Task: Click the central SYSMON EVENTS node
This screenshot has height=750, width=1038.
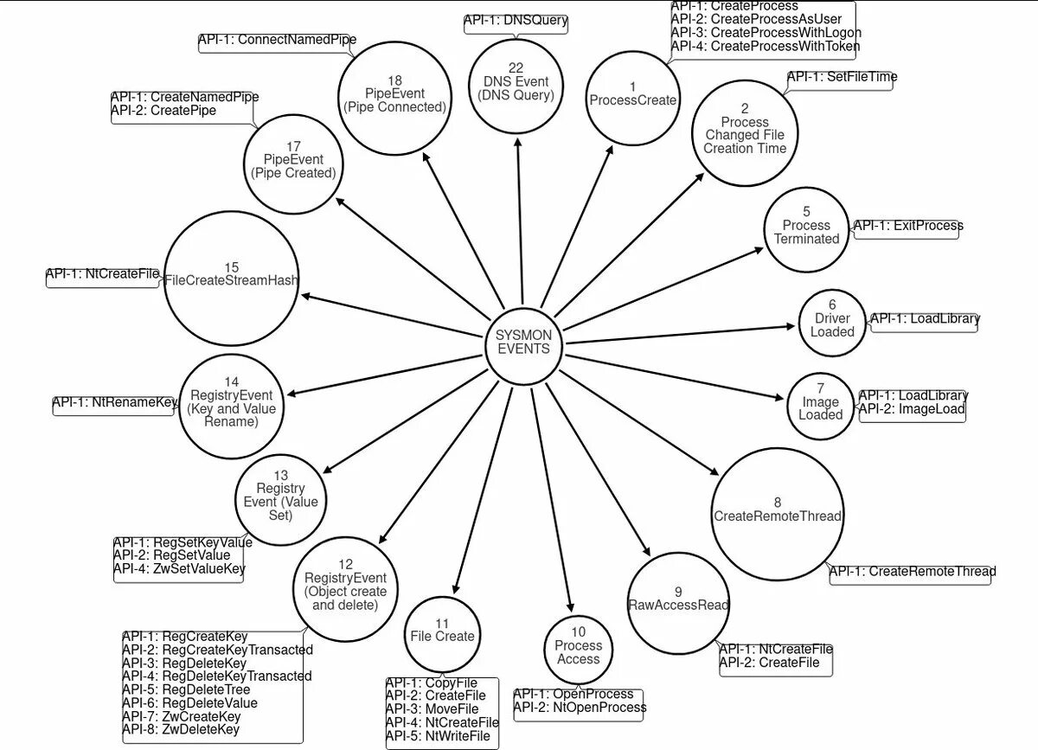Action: (x=523, y=342)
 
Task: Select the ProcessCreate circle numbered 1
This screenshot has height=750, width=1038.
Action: (x=632, y=94)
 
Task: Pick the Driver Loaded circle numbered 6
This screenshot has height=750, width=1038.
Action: (x=832, y=323)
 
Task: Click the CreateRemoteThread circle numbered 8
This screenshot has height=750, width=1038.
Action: (x=777, y=515)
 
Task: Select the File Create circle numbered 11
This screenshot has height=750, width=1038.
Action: (x=442, y=636)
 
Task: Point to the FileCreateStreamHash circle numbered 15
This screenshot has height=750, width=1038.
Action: (x=231, y=279)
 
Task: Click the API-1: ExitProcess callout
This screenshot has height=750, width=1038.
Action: (x=907, y=227)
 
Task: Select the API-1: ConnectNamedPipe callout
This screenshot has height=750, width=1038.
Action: (x=277, y=41)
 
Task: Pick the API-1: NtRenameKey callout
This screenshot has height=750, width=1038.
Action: (x=114, y=403)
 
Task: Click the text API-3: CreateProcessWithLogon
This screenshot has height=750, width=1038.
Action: (x=766, y=33)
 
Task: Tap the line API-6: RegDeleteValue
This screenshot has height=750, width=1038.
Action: (x=189, y=703)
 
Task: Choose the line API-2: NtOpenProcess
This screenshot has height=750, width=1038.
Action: (x=580, y=708)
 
